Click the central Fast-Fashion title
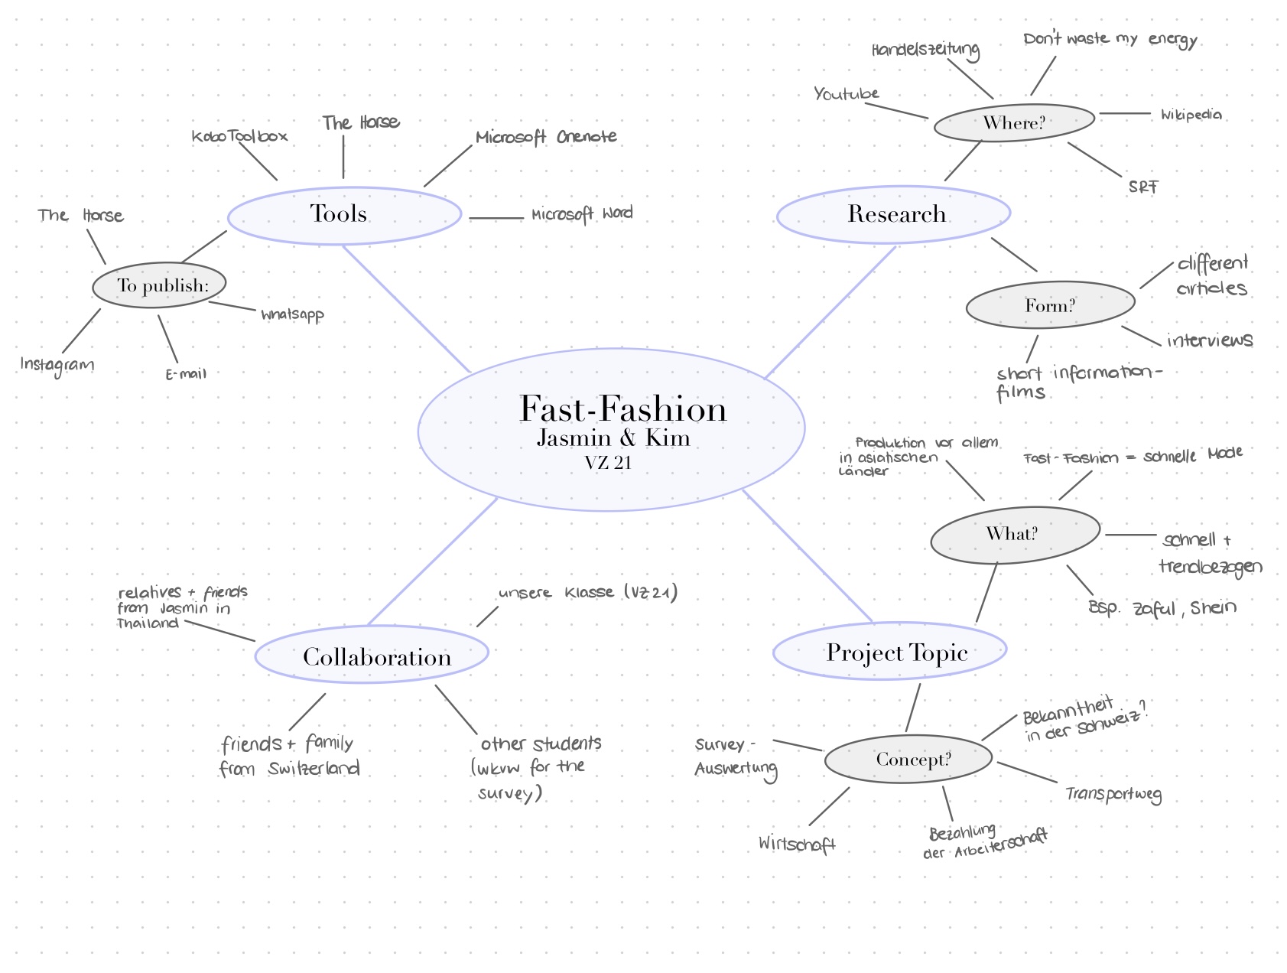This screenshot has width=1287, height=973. click(622, 409)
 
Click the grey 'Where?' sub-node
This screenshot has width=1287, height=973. click(1014, 122)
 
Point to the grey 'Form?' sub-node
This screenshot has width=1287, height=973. click(1050, 305)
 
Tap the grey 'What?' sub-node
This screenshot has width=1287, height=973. click(1015, 534)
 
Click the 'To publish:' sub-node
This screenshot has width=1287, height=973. click(160, 285)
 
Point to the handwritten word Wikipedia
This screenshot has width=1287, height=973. click(1191, 115)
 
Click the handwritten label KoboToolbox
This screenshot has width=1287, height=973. click(239, 136)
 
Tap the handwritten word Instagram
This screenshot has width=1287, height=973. click(57, 365)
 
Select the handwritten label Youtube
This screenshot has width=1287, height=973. click(846, 94)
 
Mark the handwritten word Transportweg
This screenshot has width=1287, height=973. click(1113, 795)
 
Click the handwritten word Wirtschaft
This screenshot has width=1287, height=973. click(797, 844)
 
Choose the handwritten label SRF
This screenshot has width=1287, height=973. click(1143, 187)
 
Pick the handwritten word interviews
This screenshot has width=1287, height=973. click(1210, 340)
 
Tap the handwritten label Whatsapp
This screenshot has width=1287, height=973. click(292, 314)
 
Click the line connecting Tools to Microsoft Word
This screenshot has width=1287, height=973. click(496, 218)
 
